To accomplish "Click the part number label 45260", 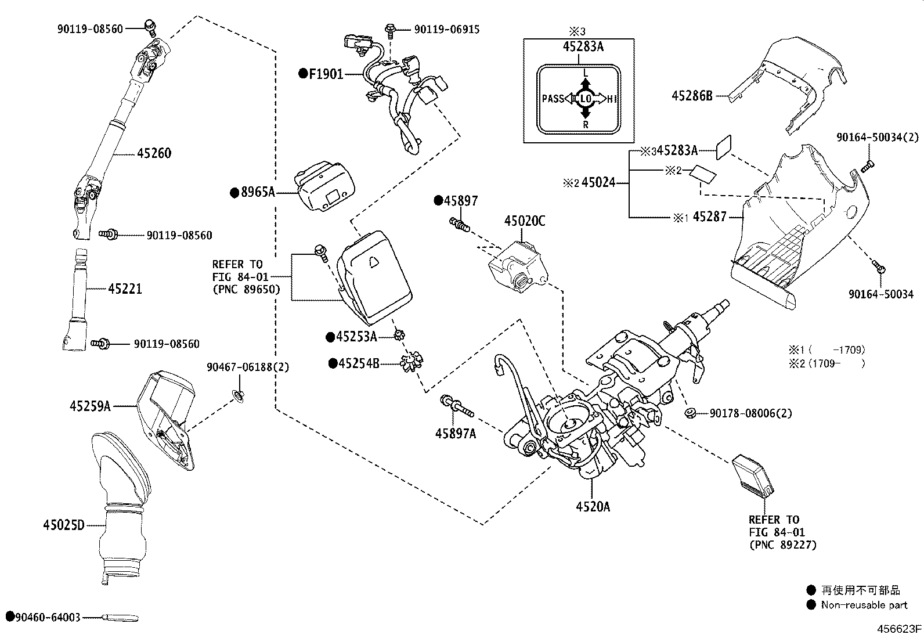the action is point(154,153).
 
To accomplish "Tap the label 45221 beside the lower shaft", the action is point(125,289).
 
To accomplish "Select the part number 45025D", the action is point(64,525).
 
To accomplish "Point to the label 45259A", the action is point(91,406).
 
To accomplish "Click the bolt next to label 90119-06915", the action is point(390,30).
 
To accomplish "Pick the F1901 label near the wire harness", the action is point(326,74).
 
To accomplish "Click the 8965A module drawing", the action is point(325,186).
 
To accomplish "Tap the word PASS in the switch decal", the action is point(553,99).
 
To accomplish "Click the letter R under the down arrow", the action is point(586,125).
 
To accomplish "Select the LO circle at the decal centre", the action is point(586,99).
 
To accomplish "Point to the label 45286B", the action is point(692,96).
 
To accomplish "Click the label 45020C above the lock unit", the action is point(525,221).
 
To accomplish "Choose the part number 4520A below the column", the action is point(593,507).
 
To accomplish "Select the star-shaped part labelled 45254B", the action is point(412,362).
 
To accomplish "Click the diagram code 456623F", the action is point(899,629).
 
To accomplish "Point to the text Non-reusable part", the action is point(864,605).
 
